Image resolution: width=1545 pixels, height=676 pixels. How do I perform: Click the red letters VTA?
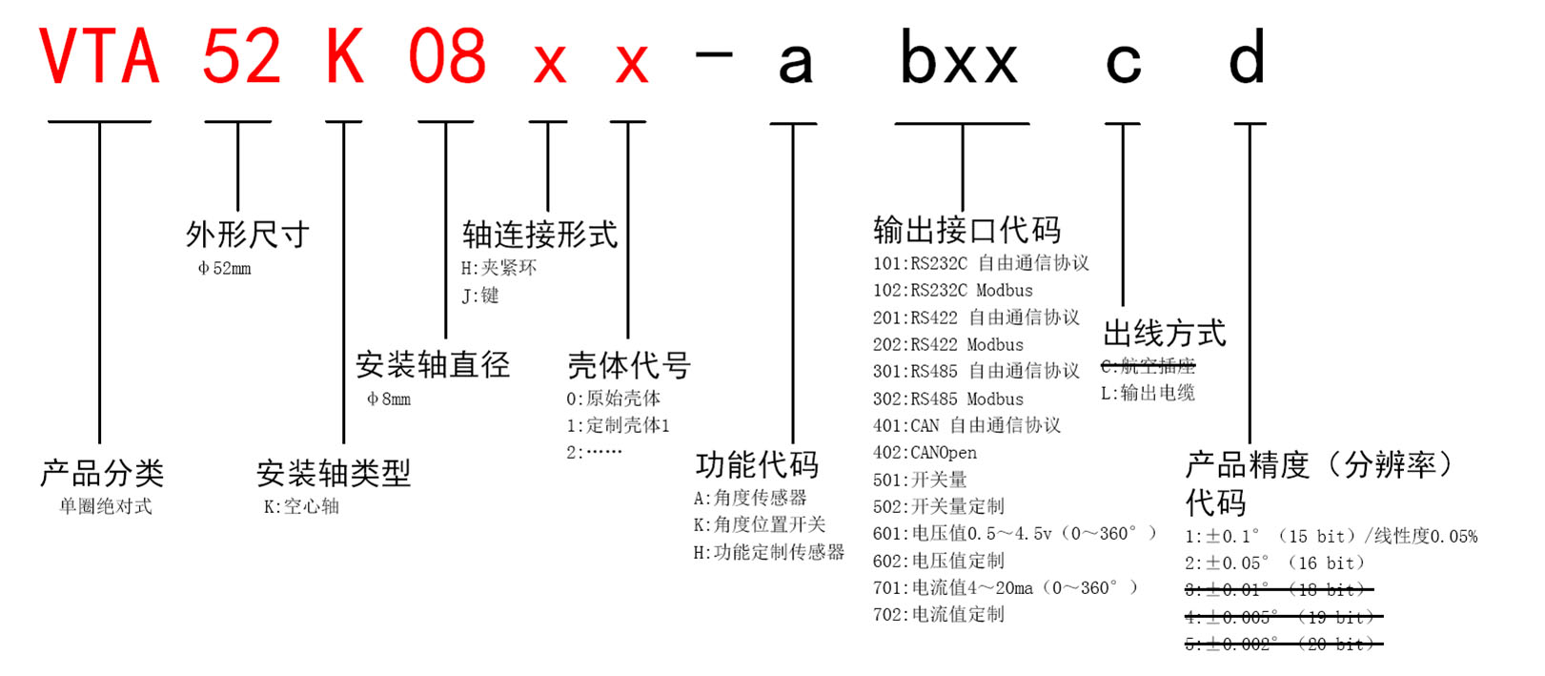pyautogui.click(x=99, y=57)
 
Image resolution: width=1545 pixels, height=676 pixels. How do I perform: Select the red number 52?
pyautogui.click(x=241, y=57)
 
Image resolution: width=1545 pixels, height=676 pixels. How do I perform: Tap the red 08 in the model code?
pyautogui.click(x=447, y=57)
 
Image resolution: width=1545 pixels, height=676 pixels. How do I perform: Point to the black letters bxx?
pyautogui.click(x=959, y=59)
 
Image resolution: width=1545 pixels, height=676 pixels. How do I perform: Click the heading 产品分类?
pyautogui.click(x=102, y=473)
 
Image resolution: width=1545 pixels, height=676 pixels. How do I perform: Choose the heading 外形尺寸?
pyautogui.click(x=248, y=234)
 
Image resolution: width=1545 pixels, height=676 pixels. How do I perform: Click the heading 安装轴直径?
pyautogui.click(x=433, y=364)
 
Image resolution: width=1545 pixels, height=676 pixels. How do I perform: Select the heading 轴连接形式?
pyautogui.click(x=539, y=234)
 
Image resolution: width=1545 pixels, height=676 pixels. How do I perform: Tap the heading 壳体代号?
pyautogui.click(x=628, y=364)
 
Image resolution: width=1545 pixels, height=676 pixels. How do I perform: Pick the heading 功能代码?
pyautogui.click(x=757, y=464)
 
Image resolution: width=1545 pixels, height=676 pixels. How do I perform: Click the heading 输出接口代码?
pyautogui.click(x=966, y=230)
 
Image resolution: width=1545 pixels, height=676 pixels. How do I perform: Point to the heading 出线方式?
pyautogui.click(x=1164, y=333)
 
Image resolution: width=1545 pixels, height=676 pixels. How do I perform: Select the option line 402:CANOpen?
pyautogui.click(x=925, y=453)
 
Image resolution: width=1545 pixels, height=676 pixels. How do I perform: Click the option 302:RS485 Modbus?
pyautogui.click(x=948, y=399)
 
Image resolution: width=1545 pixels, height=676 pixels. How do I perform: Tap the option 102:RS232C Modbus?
pyautogui.click(x=953, y=290)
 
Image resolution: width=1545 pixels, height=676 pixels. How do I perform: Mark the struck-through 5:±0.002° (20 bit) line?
pyautogui.click(x=1282, y=645)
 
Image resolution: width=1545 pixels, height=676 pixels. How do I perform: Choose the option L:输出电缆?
pyautogui.click(x=1148, y=393)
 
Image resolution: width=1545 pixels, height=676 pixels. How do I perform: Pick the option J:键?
pyautogui.click(x=480, y=296)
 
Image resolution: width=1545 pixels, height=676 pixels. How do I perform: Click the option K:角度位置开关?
pyautogui.click(x=760, y=524)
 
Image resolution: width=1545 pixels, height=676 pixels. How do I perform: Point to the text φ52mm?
pyautogui.click(x=225, y=269)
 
